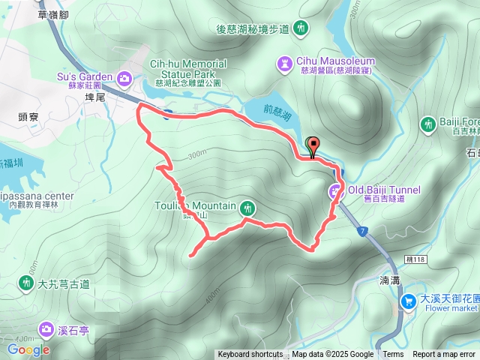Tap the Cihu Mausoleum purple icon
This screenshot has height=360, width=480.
coord(286,62)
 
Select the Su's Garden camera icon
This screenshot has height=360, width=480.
coord(124,76)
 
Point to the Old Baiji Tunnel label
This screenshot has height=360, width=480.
coord(383,190)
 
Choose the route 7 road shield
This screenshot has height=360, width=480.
coord(363,229)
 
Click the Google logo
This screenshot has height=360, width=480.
coord(28,349)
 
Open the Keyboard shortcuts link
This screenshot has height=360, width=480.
coord(250,355)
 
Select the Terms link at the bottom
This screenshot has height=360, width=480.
coord(393,355)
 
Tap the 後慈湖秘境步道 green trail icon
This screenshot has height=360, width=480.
coord(301,28)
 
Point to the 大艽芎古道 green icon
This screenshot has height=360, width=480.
coord(26,283)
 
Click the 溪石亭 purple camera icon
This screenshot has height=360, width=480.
coord(46,328)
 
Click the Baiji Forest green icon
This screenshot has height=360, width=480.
coord(428,123)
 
